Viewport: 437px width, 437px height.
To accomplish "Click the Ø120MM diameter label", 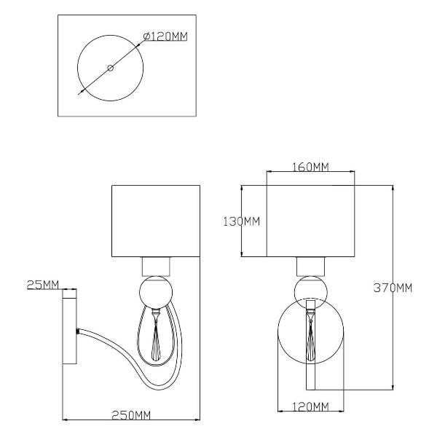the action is pyautogui.click(x=165, y=36).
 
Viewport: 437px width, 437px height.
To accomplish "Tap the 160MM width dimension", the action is pyautogui.click(x=310, y=167).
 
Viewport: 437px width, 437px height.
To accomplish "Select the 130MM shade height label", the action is pyautogui.click(x=242, y=221).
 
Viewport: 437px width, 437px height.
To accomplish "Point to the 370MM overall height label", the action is pyautogui.click(x=393, y=288).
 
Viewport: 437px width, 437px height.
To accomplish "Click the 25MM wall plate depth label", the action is pyautogui.click(x=43, y=285).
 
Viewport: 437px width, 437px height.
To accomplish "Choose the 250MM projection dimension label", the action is pyautogui.click(x=131, y=415).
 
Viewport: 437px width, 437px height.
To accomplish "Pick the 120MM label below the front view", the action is pyautogui.click(x=310, y=407).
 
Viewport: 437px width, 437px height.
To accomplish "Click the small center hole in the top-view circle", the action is pyautogui.click(x=111, y=68).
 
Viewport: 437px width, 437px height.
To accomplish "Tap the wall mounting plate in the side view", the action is pyautogui.click(x=69, y=326).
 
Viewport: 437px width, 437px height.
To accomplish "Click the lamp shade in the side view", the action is pyautogui.click(x=156, y=221).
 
